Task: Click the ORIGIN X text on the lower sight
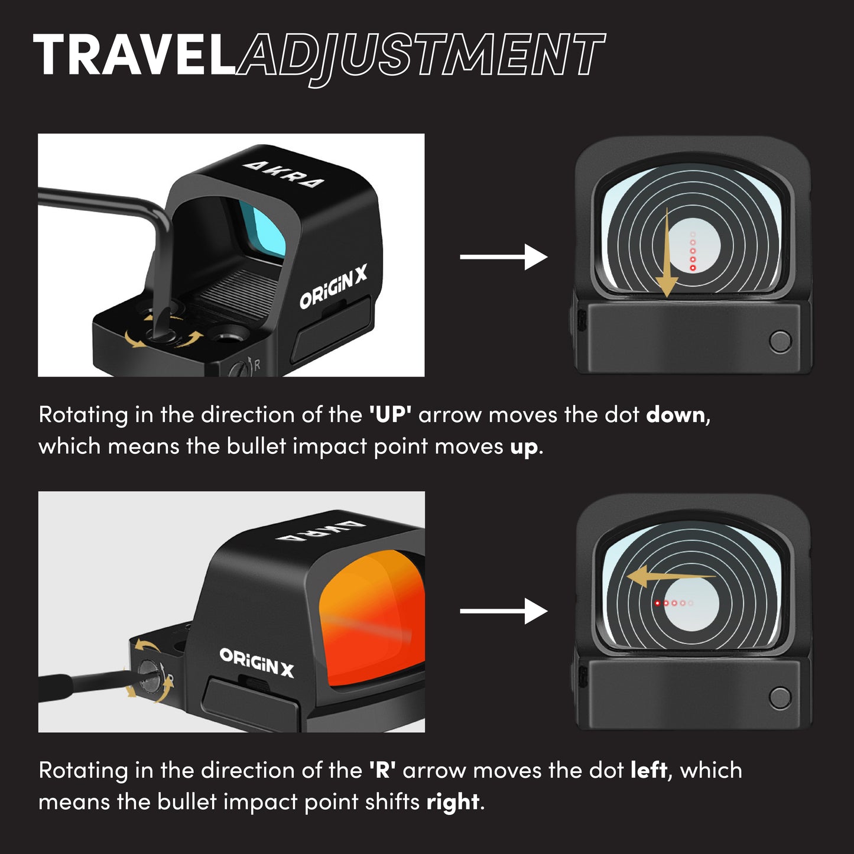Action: [256, 663]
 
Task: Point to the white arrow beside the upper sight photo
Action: [504, 257]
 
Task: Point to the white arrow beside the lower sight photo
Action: [504, 611]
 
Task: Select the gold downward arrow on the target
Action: [666, 252]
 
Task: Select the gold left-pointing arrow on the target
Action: [671, 576]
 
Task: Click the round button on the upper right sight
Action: [781, 341]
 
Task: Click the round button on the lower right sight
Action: [781, 697]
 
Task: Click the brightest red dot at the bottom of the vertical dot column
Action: [693, 268]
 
